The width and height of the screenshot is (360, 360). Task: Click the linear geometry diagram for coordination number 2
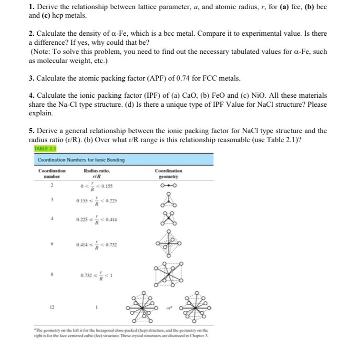click(x=170, y=185)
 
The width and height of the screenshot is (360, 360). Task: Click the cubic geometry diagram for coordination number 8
click(x=170, y=276)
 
